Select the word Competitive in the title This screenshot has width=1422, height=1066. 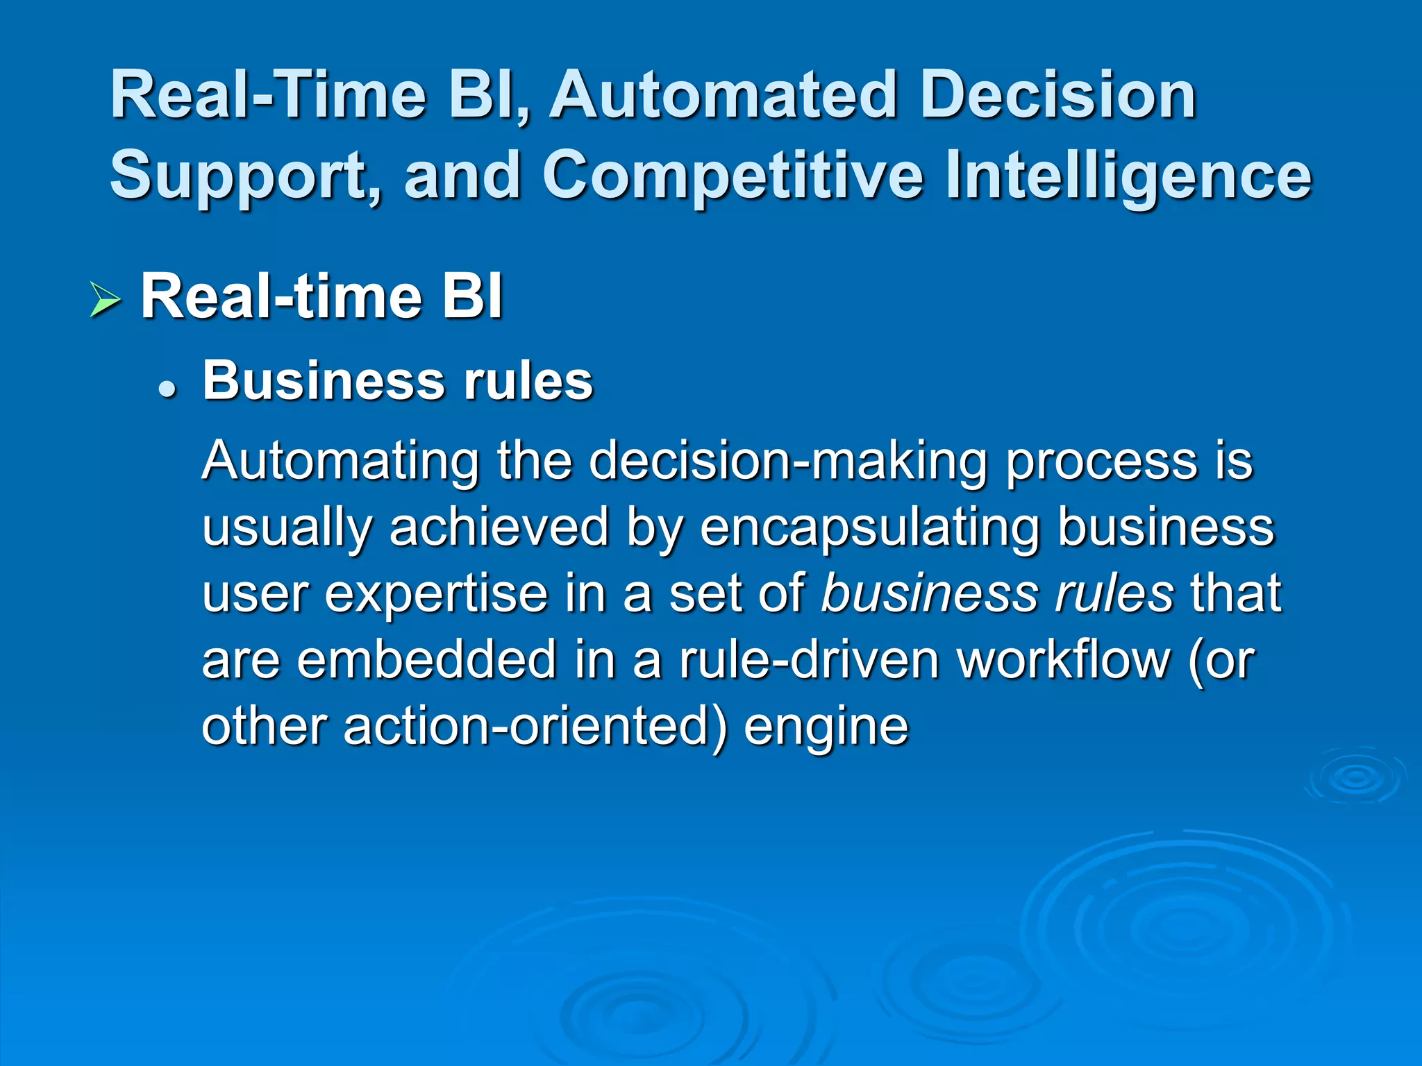(x=733, y=175)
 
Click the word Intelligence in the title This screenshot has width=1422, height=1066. (x=1128, y=175)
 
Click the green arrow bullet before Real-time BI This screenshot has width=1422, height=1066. (x=105, y=301)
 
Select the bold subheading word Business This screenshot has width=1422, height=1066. (x=324, y=381)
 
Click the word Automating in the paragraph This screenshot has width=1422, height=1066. (x=340, y=462)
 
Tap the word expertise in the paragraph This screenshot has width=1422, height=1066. (x=436, y=594)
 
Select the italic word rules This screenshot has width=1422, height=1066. (x=1114, y=594)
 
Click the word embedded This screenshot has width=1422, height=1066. (x=426, y=660)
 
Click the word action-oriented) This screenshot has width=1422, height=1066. (x=535, y=727)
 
